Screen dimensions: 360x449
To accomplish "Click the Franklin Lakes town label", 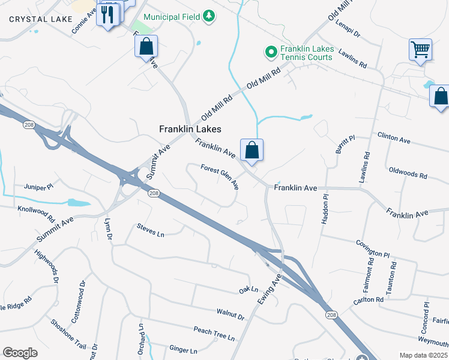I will [190, 129].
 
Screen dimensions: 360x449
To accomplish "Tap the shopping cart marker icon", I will [421, 50].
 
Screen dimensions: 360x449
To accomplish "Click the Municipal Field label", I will [172, 17].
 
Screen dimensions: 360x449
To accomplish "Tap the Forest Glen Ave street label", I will [220, 178].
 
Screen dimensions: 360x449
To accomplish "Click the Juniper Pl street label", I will [39, 187].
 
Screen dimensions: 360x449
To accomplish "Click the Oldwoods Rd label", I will [408, 173].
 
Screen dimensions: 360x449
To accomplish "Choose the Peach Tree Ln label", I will [214, 334].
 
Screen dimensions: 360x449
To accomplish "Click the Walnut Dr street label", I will [231, 314].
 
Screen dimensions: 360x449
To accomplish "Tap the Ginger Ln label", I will [183, 349].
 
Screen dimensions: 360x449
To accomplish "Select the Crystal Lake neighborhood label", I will [32, 19].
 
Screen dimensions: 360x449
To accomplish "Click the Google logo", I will [20, 353].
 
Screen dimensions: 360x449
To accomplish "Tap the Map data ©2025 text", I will [424, 355].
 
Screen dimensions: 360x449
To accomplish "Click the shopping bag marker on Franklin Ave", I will [252, 150].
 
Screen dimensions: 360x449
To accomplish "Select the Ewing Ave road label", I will [270, 290].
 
